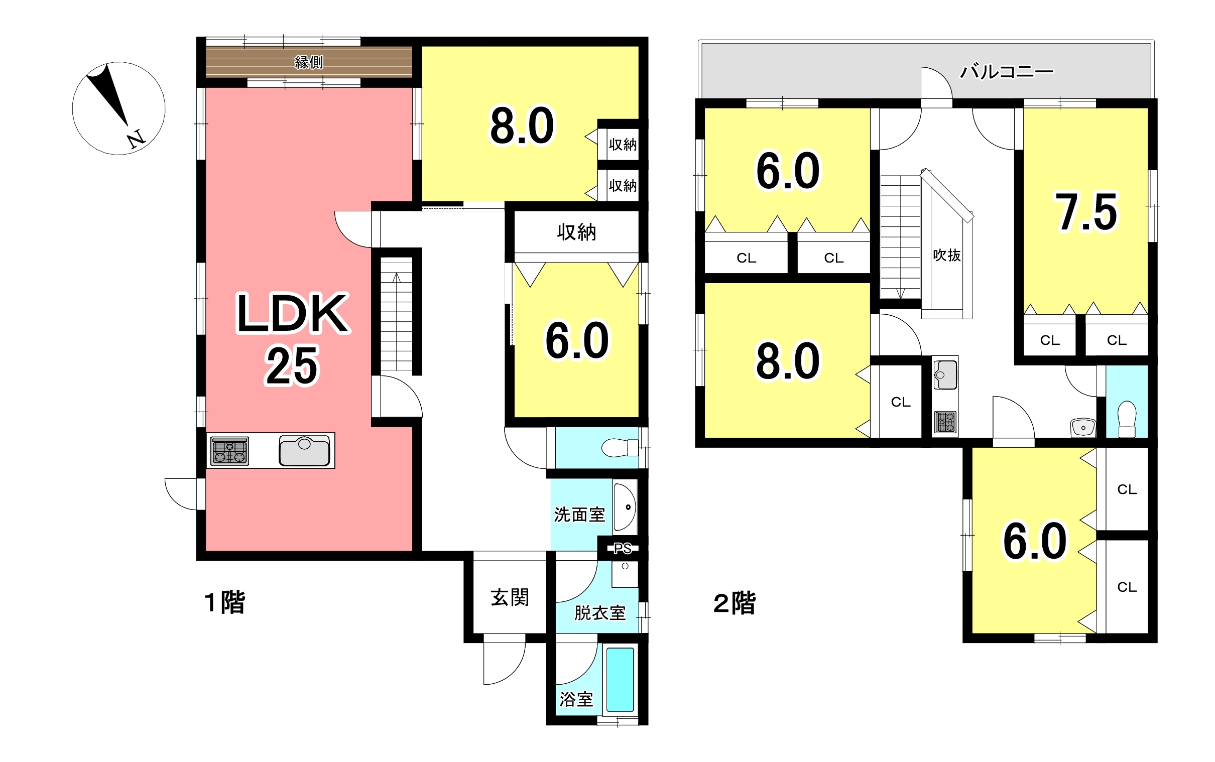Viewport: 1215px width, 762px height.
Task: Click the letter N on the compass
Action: [x=136, y=139]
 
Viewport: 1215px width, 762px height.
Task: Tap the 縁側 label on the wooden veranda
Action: [x=309, y=62]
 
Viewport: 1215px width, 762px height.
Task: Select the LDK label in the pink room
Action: [x=292, y=313]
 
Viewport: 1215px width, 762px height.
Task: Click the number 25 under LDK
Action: [x=292, y=365]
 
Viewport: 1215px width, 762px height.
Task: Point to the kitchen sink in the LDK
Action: [x=304, y=451]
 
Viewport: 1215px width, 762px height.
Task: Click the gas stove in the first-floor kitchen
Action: [x=230, y=451]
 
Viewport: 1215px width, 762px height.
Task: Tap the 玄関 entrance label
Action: [x=510, y=598]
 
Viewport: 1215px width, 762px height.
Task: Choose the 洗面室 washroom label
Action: [x=579, y=515]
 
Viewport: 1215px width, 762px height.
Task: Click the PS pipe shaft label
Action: [x=623, y=548]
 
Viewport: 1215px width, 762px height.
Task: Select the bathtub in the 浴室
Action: [x=621, y=679]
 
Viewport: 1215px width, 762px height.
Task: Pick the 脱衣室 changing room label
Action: [x=600, y=613]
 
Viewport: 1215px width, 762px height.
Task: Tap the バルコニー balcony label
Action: [x=1006, y=72]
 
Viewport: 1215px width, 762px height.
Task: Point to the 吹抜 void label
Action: [x=947, y=256]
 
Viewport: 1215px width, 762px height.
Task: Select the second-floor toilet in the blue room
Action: [x=1127, y=419]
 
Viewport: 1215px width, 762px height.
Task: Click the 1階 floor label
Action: [x=225, y=602]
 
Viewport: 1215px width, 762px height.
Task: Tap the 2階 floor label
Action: [x=735, y=603]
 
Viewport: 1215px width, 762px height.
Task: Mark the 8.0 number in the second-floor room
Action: [x=788, y=361]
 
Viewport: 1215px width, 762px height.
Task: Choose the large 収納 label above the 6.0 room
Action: [x=576, y=232]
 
